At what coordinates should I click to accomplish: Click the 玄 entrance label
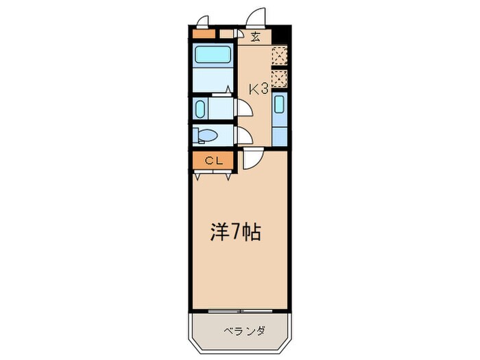point(254,37)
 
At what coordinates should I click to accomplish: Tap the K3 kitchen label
point(258,88)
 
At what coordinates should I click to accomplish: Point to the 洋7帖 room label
point(235,232)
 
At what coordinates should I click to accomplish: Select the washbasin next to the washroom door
point(200,108)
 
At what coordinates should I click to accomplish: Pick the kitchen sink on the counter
point(279,105)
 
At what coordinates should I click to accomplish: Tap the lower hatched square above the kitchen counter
point(279,79)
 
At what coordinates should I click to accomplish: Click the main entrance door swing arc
point(256,17)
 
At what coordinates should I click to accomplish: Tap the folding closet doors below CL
point(213,175)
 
